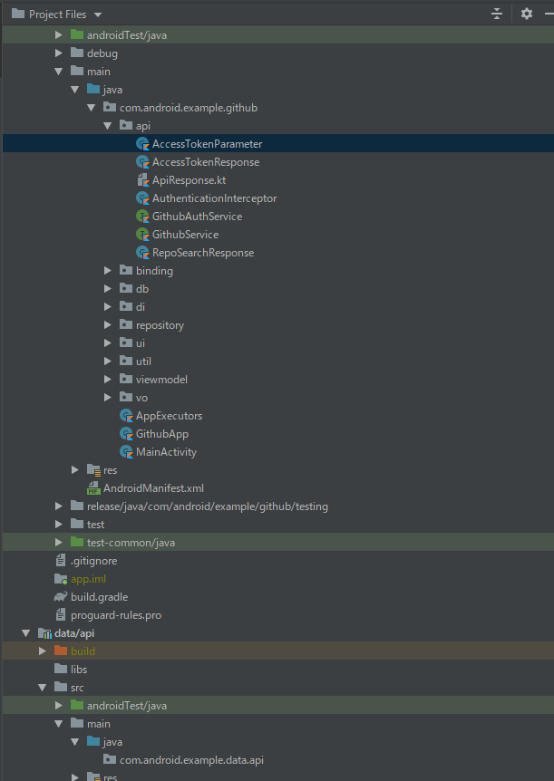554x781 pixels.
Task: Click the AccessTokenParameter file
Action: pos(207,144)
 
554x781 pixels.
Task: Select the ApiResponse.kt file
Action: pos(189,180)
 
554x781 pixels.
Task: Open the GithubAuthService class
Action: pos(197,217)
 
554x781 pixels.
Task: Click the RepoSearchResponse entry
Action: pos(202,253)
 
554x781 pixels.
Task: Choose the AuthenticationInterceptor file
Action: pos(214,198)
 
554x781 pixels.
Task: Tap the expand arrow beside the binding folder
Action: pos(109,271)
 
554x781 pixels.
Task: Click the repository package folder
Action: pos(160,325)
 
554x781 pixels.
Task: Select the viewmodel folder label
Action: pos(161,380)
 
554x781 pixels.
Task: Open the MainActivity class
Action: pos(166,452)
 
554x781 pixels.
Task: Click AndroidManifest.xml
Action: pos(153,488)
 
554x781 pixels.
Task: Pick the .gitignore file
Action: pos(93,561)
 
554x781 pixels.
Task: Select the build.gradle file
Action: pos(99,597)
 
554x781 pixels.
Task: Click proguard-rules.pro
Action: pos(116,615)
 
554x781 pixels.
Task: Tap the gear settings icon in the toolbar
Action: pos(527,14)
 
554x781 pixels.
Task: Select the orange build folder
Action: pos(83,651)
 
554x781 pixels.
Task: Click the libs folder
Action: pos(79,670)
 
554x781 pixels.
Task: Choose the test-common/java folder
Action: pos(131,543)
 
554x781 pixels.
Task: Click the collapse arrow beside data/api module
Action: pos(26,633)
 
